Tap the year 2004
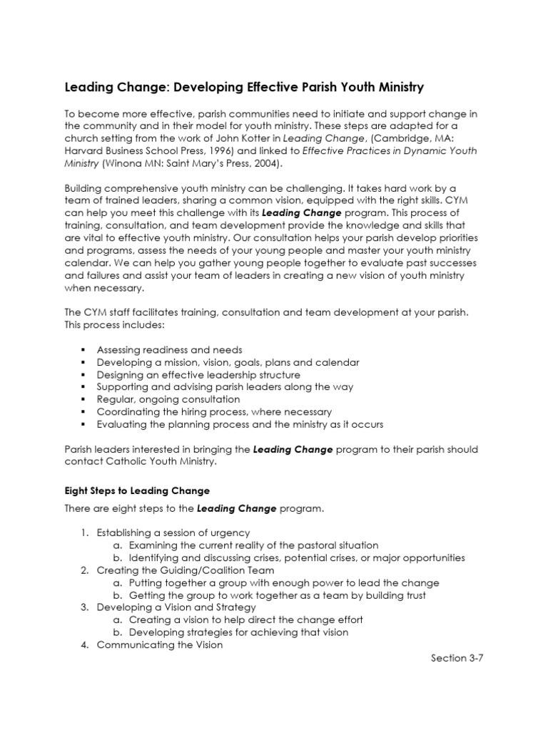[x=265, y=164]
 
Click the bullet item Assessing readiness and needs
[x=169, y=349]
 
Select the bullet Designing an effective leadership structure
[x=198, y=374]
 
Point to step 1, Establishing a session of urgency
[x=173, y=533]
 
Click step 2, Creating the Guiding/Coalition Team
[x=185, y=570]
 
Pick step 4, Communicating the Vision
[x=159, y=644]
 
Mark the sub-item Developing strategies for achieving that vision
[x=239, y=632]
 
